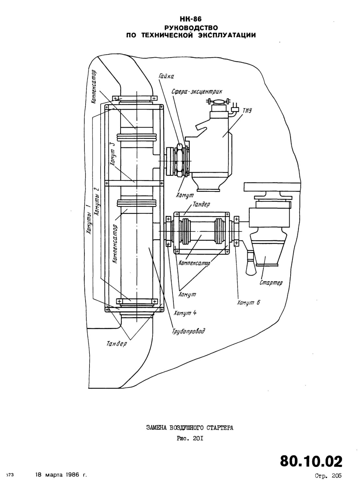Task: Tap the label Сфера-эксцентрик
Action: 197,91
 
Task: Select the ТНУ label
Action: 247,111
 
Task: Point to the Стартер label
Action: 271,283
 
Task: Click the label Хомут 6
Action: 248,302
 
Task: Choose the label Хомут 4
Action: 185,313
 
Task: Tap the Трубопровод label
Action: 188,331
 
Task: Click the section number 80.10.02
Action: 311,462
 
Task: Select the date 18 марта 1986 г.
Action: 61,475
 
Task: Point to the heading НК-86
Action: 191,19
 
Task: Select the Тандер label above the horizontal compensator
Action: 201,204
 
